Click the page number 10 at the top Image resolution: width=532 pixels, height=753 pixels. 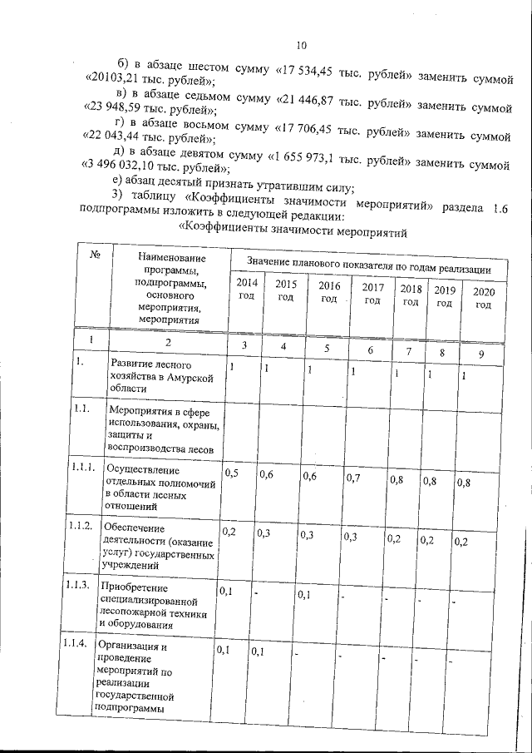(301, 46)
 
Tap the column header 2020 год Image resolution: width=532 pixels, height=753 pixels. (483, 298)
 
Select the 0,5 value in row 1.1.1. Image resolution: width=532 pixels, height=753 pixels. (231, 473)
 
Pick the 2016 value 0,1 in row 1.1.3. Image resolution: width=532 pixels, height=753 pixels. (306, 594)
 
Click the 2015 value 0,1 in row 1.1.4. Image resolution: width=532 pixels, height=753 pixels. (258, 651)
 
